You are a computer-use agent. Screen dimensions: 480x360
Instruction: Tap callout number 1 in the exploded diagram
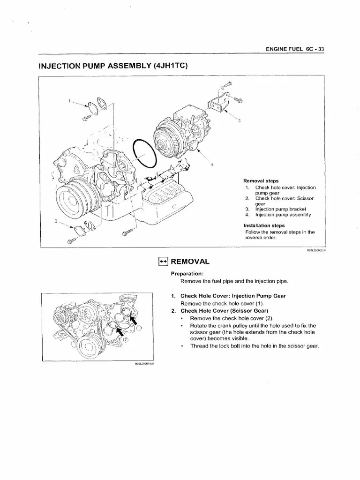(x=69, y=100)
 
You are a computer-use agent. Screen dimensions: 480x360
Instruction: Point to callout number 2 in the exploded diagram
(x=56, y=221)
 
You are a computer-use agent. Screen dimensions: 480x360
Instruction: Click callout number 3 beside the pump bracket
(x=239, y=120)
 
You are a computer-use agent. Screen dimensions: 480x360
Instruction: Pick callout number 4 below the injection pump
(x=212, y=165)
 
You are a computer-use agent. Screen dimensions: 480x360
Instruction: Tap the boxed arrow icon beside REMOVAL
(x=163, y=261)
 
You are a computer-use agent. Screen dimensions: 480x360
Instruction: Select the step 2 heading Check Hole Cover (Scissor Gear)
(x=225, y=311)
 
